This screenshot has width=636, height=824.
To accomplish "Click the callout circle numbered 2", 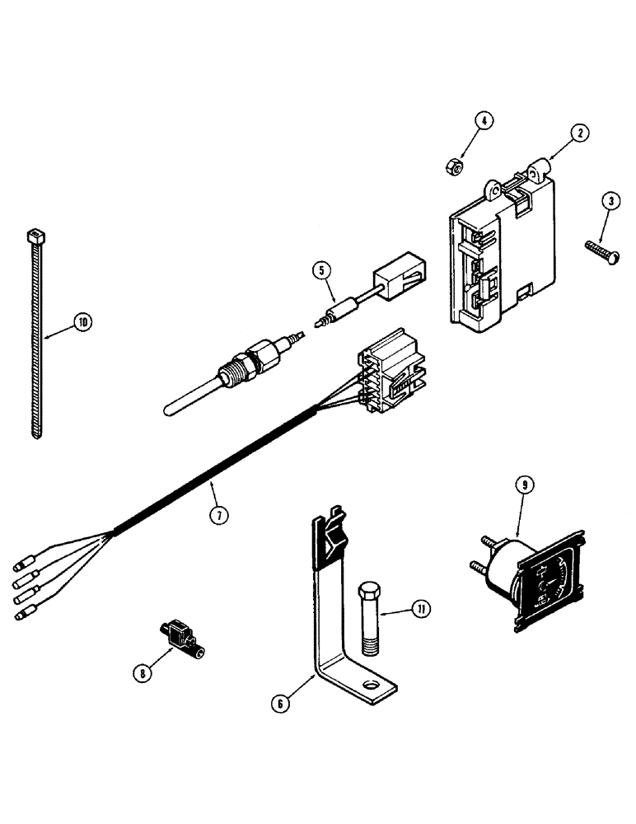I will tap(581, 133).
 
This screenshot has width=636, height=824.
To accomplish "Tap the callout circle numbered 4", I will tap(484, 121).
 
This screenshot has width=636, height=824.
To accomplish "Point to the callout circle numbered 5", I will tap(323, 269).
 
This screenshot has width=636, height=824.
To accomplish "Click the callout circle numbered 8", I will tap(145, 672).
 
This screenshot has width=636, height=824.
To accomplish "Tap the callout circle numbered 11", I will tap(421, 610).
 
